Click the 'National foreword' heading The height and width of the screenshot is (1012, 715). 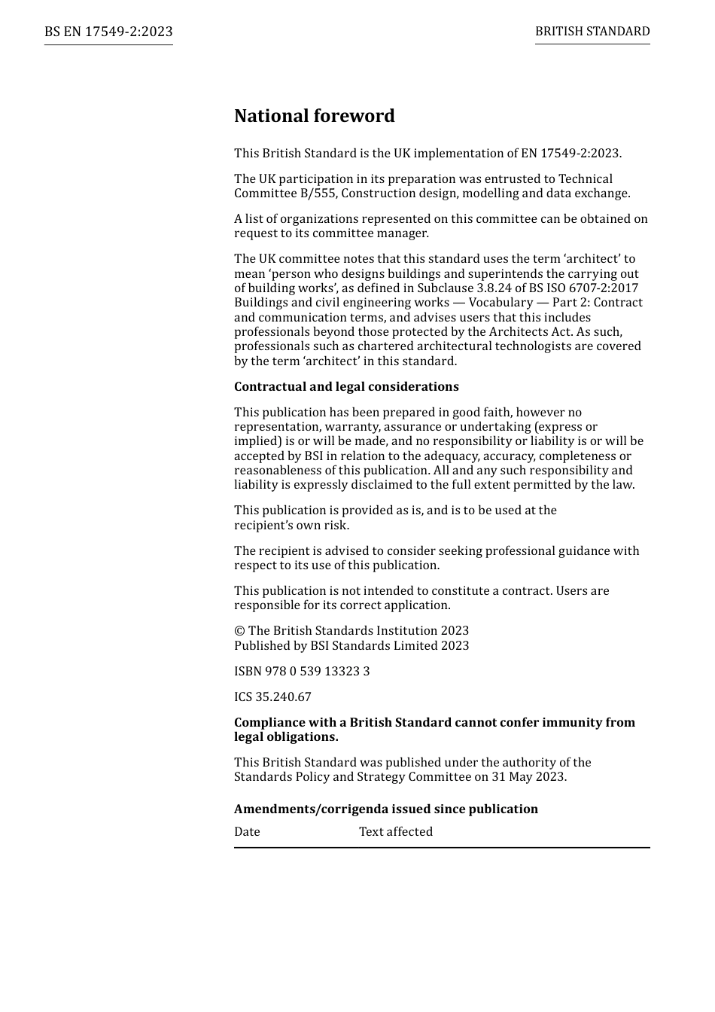(x=314, y=116)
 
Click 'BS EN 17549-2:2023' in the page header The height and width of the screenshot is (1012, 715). (x=108, y=32)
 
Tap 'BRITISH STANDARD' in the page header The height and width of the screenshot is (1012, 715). (x=592, y=32)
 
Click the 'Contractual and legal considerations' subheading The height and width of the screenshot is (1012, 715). (x=346, y=387)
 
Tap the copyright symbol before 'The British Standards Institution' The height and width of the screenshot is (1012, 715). (x=239, y=631)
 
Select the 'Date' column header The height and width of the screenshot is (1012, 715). (x=247, y=832)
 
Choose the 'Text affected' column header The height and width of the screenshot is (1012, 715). (x=396, y=832)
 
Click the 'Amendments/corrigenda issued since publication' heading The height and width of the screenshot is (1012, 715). (x=386, y=809)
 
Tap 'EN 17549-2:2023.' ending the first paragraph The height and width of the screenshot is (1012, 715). (x=570, y=154)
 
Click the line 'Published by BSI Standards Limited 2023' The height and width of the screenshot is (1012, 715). (x=351, y=646)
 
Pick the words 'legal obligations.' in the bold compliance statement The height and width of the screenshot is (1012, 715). (x=286, y=737)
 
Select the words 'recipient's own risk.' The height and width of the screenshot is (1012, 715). (x=291, y=526)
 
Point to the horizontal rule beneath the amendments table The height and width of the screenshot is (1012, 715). (x=442, y=848)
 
